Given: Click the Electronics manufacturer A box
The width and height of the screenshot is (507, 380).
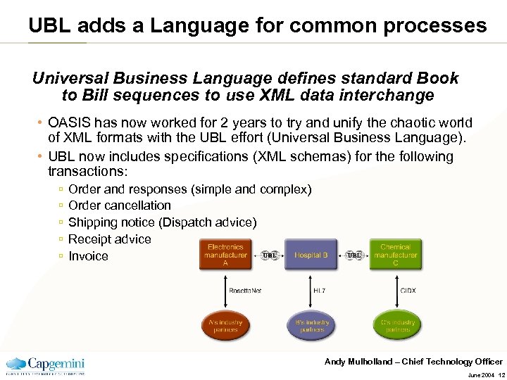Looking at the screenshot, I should click(225, 255).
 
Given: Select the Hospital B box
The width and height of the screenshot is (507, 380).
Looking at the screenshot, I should click(311, 255).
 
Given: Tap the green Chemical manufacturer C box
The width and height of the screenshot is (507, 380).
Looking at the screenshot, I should click(395, 255).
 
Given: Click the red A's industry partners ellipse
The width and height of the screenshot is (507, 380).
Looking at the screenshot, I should click(225, 326).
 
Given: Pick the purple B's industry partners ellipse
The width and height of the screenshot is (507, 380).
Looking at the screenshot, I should click(311, 326).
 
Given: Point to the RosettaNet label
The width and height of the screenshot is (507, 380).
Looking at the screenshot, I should click(244, 290).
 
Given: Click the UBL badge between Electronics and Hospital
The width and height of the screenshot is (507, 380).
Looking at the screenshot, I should click(269, 255).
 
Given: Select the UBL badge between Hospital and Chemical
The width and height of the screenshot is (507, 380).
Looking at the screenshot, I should click(355, 255).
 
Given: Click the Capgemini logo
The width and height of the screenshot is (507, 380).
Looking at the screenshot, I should click(46, 365).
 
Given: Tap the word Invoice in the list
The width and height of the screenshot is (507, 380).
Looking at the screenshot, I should click(88, 256).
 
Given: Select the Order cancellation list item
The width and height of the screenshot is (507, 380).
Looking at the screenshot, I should click(120, 205).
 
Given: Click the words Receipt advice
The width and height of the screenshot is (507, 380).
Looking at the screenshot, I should click(110, 239).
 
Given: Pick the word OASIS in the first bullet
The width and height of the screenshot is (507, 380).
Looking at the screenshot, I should click(70, 123).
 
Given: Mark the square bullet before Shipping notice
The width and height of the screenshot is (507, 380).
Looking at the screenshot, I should click(61, 223).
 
